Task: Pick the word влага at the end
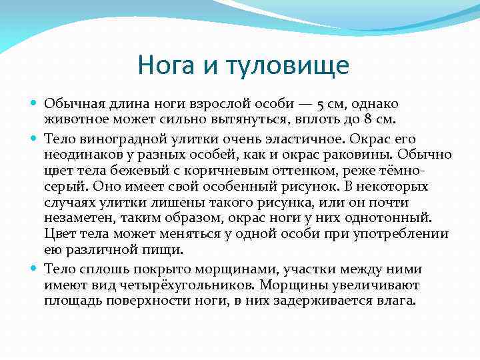[x=397, y=300]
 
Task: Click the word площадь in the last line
[x=71, y=300]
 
